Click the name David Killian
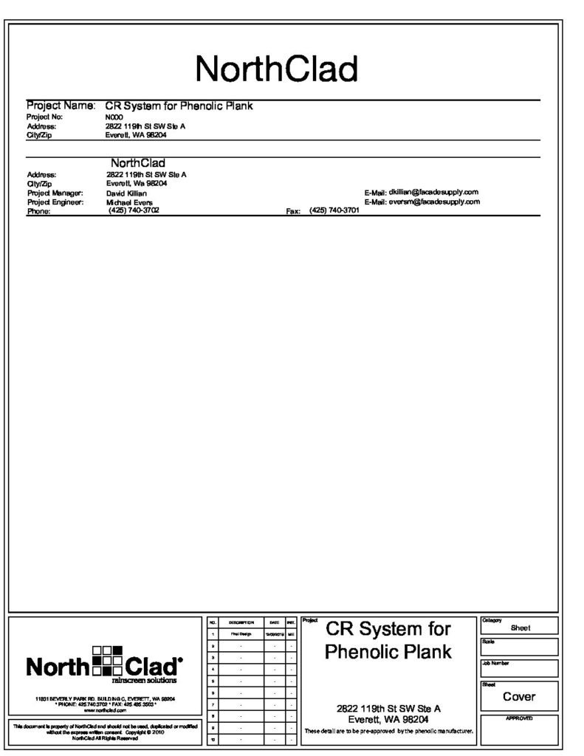pyautogui.click(x=127, y=193)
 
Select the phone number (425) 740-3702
pyautogui.click(x=134, y=210)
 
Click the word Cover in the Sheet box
pyautogui.click(x=519, y=696)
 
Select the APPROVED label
pyautogui.click(x=519, y=718)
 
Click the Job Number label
pyautogui.click(x=495, y=663)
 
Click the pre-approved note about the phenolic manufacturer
pyautogui.click(x=388, y=732)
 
